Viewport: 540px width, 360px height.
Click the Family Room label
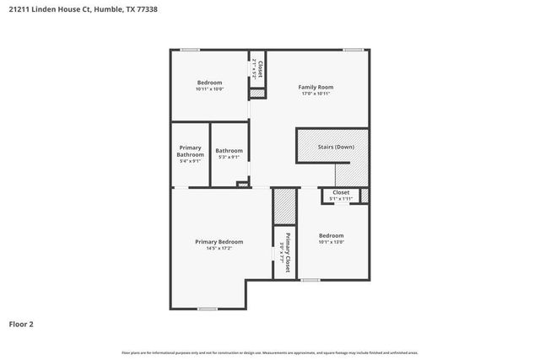[316, 87]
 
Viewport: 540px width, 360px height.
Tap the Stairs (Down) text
[336, 147]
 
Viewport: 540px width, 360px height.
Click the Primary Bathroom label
[190, 151]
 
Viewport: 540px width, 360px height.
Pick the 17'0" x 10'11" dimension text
[316, 94]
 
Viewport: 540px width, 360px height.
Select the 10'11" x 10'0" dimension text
[209, 89]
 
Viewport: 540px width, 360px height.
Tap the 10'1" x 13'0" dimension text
[331, 242]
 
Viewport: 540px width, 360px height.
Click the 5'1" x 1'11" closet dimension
[341, 199]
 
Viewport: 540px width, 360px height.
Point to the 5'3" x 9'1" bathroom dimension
[229, 157]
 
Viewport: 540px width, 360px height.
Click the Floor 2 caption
[21, 323]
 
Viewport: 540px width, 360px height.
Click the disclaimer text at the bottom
[269, 352]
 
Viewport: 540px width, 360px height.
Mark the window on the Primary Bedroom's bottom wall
[207, 309]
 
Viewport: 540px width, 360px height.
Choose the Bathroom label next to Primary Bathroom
[229, 151]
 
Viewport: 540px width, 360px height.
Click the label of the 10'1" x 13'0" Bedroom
[331, 235]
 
